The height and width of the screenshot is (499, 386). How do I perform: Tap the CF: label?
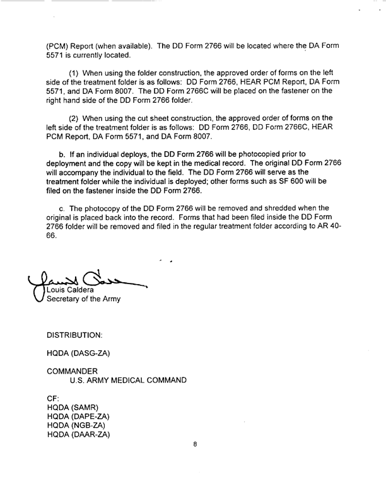53,399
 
